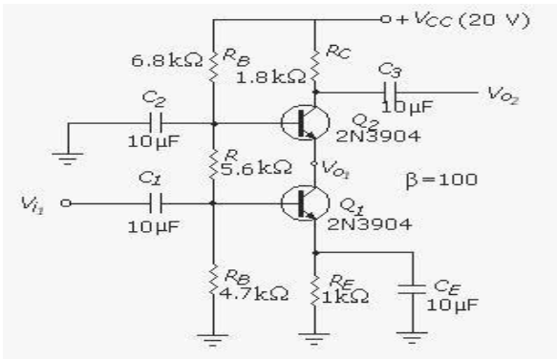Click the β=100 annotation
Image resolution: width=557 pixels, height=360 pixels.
pos(434,178)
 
